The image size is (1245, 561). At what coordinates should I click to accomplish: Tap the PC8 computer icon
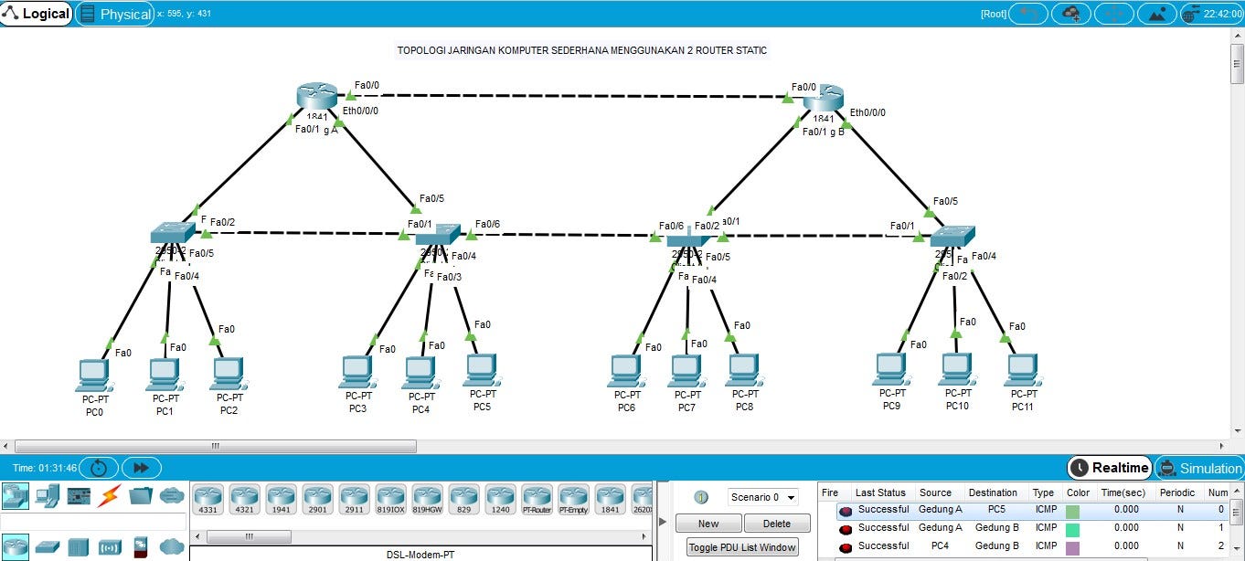(x=745, y=370)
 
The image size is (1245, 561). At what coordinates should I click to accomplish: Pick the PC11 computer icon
(x=1022, y=370)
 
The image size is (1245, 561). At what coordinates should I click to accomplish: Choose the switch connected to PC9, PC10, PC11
(x=952, y=234)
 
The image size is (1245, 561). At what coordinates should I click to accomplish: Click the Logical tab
(x=37, y=14)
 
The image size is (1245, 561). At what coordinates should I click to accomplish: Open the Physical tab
(x=115, y=14)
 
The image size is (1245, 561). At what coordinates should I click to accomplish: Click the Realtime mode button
(x=1110, y=468)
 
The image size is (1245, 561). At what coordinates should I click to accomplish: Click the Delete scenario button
(x=776, y=524)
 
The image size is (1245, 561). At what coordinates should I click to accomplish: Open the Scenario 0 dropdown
(x=762, y=497)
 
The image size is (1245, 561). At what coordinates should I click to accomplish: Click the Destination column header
(x=993, y=492)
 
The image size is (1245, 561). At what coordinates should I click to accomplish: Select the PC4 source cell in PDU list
(x=940, y=545)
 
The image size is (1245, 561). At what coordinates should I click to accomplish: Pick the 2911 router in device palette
(x=354, y=498)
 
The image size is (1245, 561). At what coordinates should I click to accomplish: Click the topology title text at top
(x=581, y=50)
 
